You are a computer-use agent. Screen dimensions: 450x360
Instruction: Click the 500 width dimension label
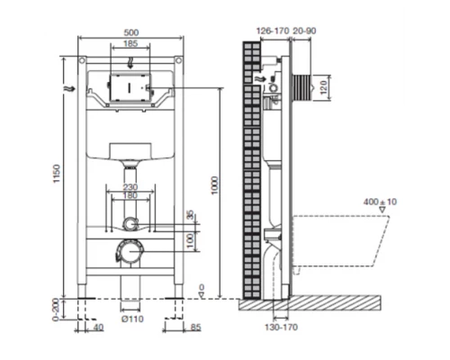pos(131,32)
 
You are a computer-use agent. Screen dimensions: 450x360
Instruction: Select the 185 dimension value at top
pos(130,44)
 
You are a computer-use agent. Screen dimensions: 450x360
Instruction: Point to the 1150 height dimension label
pos(57,174)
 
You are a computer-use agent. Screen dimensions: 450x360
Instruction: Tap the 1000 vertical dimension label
pos(214,185)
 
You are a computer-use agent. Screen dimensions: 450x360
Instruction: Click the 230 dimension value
pos(130,187)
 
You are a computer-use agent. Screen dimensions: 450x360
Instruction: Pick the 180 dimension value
pos(130,195)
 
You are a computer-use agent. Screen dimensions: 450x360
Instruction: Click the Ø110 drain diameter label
pos(132,319)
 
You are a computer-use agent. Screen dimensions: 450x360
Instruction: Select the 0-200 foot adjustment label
pos(56,310)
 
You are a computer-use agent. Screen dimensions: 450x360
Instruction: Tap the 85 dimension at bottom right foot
pos(195,327)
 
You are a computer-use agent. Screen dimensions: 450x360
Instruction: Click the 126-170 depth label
pos(273,31)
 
